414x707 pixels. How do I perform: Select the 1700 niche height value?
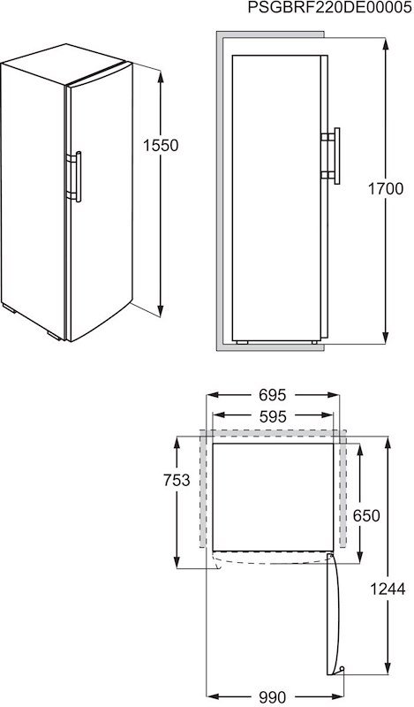point(386,188)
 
